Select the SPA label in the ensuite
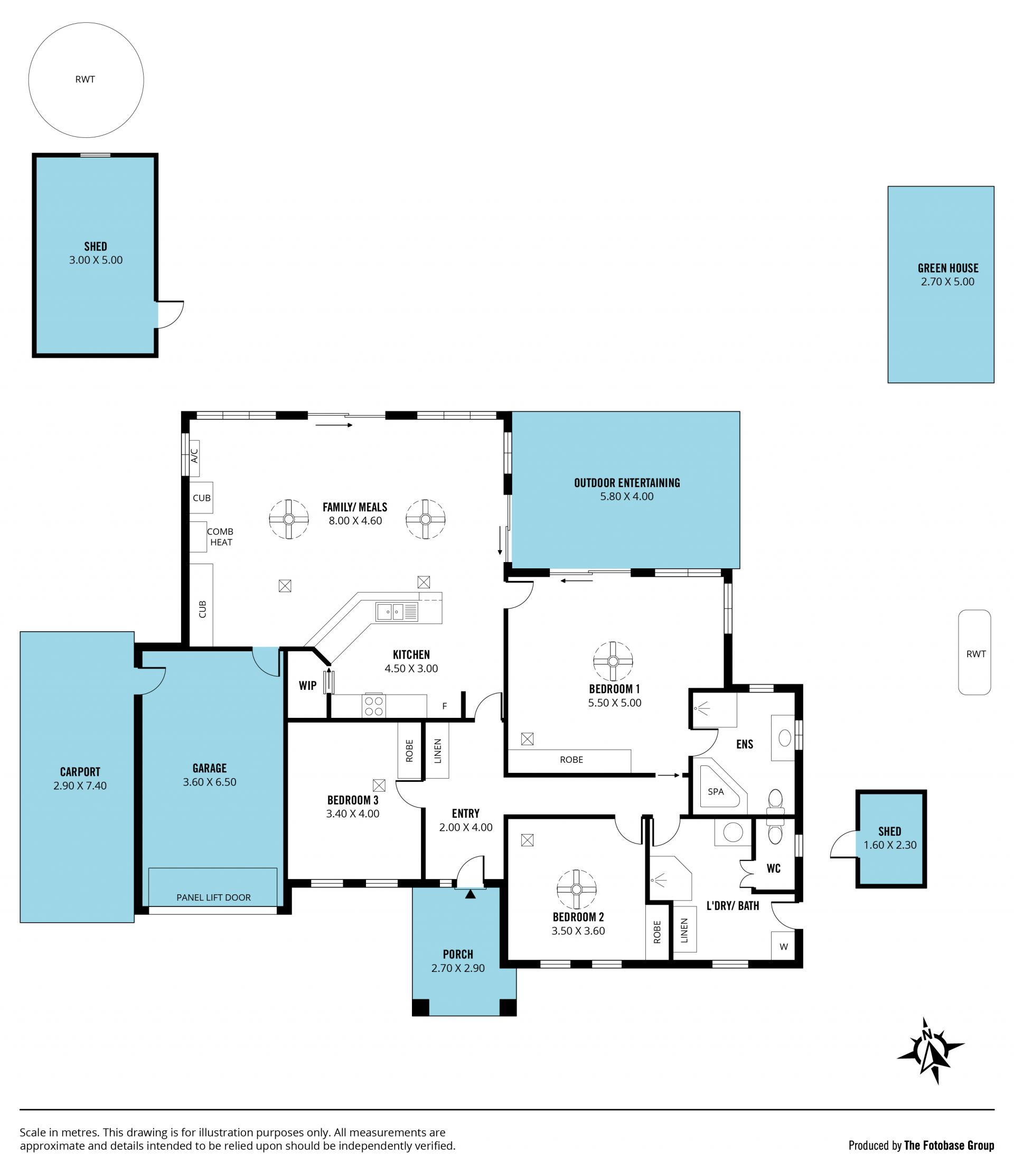pos(716,792)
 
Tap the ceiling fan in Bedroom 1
pos(613,661)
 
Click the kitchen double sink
pos(397,612)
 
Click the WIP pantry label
pos(308,686)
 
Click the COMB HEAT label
pos(220,537)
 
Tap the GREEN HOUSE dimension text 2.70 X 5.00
pos(948,282)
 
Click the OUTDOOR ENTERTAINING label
pos(627,483)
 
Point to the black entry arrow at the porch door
pos(470,894)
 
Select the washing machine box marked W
pos(784,947)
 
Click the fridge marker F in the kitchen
pos(445,706)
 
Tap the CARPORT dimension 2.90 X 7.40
pos(80,785)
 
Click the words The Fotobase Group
pos(949,1146)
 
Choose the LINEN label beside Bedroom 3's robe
pos(437,751)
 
